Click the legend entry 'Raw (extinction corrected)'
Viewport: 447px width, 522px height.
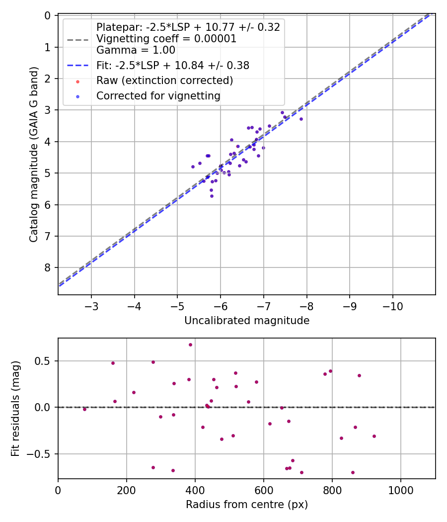pos(164,81)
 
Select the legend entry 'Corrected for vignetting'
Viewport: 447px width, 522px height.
pos(158,96)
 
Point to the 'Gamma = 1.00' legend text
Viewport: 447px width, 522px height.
pos(136,50)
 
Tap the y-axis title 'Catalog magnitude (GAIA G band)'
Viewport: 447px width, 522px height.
pos(34,155)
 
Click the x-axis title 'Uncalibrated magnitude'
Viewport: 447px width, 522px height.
pos(247,321)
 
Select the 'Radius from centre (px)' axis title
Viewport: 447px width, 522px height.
pos(247,505)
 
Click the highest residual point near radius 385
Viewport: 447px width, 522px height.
pos(190,345)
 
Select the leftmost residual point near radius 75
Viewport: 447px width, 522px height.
pos(84,409)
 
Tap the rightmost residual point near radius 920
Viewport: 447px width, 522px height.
pos(374,436)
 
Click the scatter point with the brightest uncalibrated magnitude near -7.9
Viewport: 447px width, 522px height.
pos(301,119)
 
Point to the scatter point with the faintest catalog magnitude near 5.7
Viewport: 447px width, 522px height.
pos(212,196)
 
